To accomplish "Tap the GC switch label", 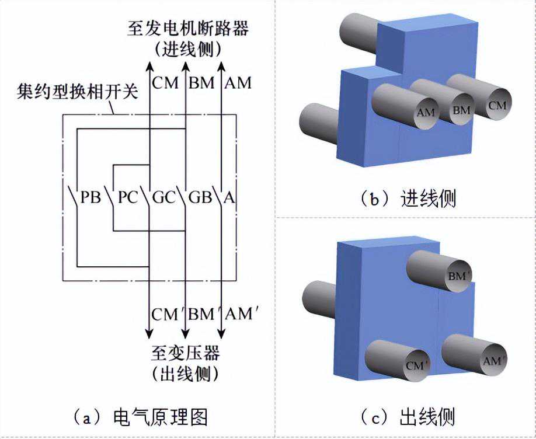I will coord(164,197).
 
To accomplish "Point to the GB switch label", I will coord(200,197).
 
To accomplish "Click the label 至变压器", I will coord(186,353).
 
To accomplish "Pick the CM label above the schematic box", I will coord(165,83).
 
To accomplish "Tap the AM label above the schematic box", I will coord(238,83).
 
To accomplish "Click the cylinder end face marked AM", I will coord(426,112).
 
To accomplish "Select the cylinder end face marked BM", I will coord(461,109).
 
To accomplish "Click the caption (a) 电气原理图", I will coord(140,417).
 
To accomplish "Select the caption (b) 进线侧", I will coord(408,199).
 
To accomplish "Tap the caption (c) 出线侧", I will coord(406,417).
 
